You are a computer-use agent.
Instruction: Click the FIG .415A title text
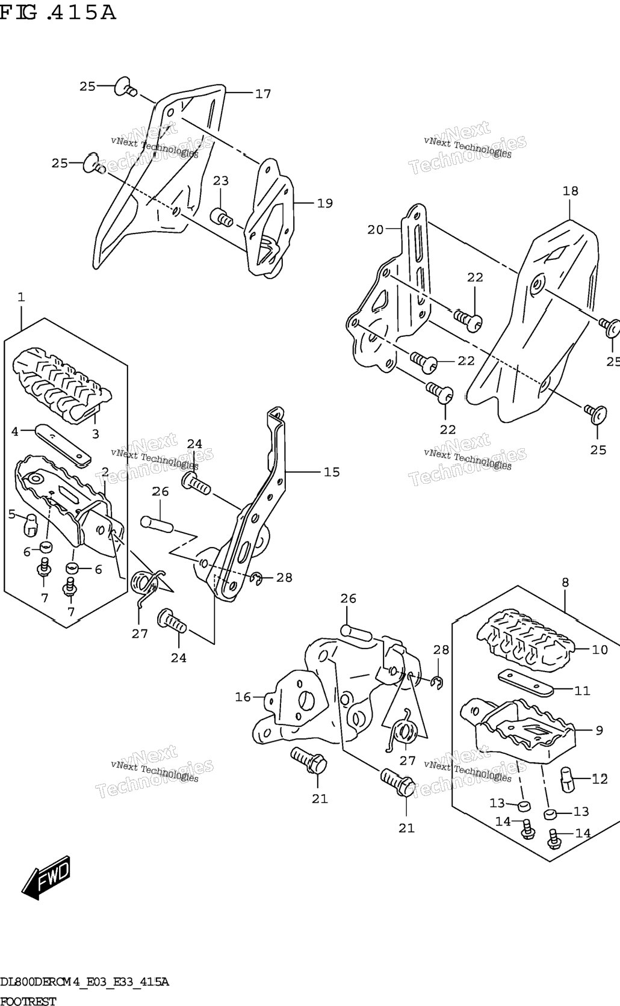58,13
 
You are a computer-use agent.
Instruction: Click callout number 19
325,203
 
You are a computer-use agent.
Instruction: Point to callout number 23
220,181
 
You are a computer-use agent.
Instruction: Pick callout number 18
571,191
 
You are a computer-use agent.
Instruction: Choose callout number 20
376,229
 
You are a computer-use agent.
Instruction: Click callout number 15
332,472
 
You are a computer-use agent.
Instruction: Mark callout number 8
565,582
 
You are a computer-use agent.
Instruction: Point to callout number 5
11,514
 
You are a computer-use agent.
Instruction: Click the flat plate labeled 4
63,444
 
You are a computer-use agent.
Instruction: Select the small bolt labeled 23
222,217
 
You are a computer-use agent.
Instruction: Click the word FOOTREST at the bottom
28,1000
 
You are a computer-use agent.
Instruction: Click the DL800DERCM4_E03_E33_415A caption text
84,982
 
